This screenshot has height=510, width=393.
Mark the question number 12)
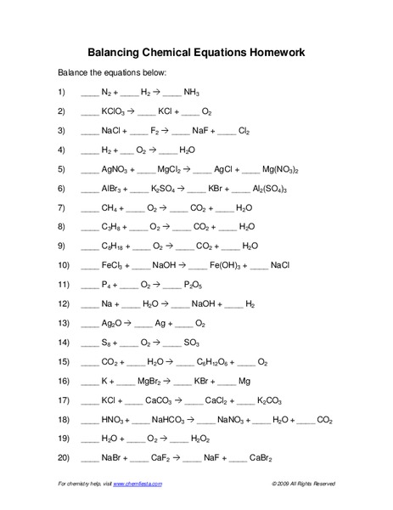tap(62, 303)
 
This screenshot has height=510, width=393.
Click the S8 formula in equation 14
tap(108, 343)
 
